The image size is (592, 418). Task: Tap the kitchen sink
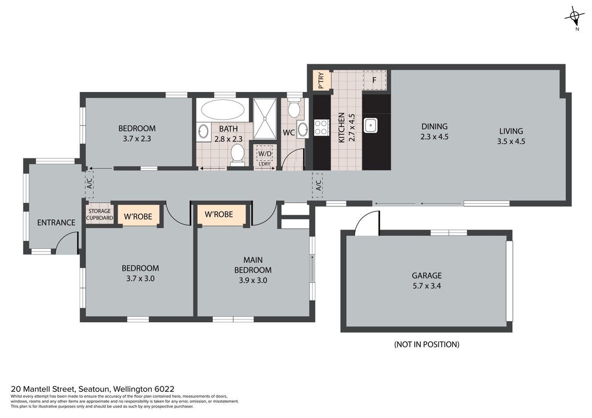point(370,125)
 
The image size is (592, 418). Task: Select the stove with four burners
point(321,127)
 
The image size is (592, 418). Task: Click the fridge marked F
point(374,80)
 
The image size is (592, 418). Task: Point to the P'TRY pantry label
point(321,80)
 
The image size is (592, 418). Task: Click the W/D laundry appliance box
point(265,154)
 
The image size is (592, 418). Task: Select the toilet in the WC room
point(294,108)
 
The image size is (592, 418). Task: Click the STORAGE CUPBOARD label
point(100,215)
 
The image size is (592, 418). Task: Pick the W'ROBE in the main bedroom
point(219,214)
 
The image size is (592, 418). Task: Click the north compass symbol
point(574,17)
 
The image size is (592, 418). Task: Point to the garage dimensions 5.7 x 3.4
point(427,286)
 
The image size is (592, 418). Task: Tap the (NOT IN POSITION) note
point(427,344)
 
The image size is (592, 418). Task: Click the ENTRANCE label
point(56,223)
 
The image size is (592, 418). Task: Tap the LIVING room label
point(511,131)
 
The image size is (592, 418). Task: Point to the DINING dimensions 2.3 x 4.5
point(435,136)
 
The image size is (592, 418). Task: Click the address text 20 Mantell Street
point(43,389)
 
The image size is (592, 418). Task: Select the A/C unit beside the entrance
point(89,184)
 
